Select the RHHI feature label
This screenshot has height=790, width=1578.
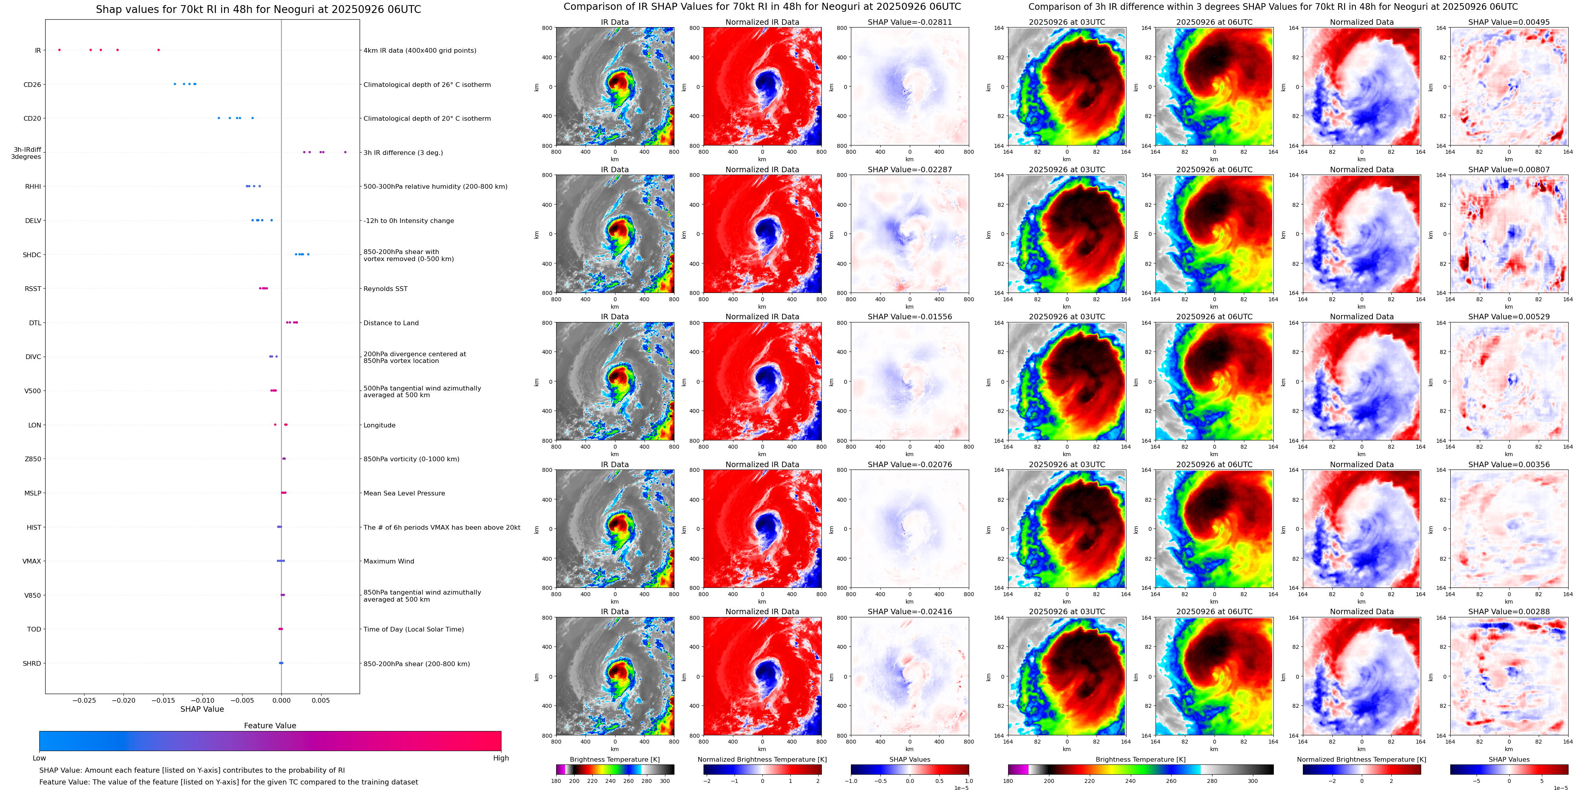(x=33, y=187)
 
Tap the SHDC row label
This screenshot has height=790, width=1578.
(x=32, y=255)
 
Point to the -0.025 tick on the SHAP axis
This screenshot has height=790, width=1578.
(x=84, y=700)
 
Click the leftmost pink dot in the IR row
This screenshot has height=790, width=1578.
(x=59, y=50)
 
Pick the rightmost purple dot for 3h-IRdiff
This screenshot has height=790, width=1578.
(x=345, y=152)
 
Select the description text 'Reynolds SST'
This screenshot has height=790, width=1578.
(x=385, y=289)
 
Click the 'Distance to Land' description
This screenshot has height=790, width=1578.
(x=391, y=323)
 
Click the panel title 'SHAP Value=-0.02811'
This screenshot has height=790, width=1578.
(x=910, y=22)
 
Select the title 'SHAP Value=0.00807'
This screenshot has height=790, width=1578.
(x=1509, y=170)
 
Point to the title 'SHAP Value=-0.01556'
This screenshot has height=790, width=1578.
(x=910, y=317)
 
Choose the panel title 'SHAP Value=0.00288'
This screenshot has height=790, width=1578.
(x=1509, y=611)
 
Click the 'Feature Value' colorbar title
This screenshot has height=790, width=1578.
(x=270, y=726)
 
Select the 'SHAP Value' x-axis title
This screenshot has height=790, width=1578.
(x=202, y=709)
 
